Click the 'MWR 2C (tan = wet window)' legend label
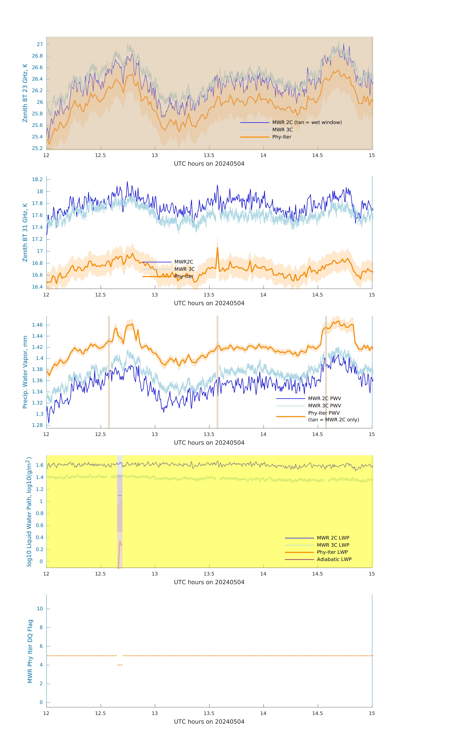307,122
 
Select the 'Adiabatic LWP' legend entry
334,559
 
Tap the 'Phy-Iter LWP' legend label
332,552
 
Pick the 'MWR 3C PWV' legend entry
324,406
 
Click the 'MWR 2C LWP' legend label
333,538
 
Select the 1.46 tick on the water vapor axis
37,325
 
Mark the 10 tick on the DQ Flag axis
40,609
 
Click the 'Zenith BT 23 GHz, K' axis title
25,93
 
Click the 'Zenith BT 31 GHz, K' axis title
25,232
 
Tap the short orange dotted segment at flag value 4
120,665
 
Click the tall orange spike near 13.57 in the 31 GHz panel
217,248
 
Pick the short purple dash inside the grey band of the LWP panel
120,496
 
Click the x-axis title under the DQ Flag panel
209,722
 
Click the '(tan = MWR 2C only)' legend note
333,420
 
